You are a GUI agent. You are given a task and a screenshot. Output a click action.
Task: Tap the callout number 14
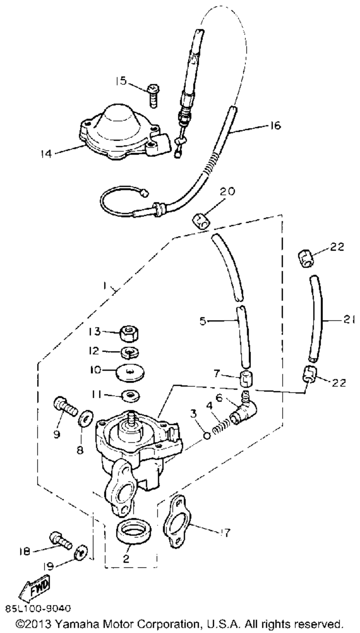(46, 154)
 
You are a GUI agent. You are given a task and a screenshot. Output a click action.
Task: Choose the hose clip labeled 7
(246, 379)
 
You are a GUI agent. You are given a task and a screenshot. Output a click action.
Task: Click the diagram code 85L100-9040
(38, 609)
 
